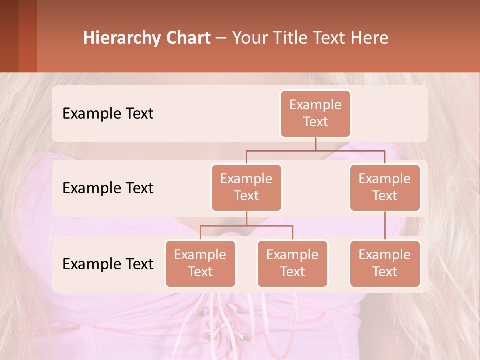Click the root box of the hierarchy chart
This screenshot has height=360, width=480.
point(315,113)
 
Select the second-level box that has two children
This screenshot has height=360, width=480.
point(246,187)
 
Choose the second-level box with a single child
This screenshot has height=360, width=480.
point(385,187)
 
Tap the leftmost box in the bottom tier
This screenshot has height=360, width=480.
point(200,263)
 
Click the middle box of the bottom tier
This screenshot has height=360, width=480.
point(292,263)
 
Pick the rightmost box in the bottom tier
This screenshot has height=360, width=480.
point(385,263)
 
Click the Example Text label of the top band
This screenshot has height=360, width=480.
point(108,114)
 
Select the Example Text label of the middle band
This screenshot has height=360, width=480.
point(108,188)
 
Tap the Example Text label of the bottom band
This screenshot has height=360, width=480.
point(108,264)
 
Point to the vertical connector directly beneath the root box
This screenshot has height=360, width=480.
point(315,144)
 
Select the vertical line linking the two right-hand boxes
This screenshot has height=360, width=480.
point(385,225)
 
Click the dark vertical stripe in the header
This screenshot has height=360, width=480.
point(28,36)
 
